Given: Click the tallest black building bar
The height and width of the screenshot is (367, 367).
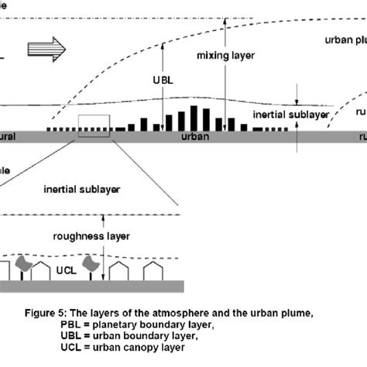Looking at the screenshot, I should (x=194, y=118).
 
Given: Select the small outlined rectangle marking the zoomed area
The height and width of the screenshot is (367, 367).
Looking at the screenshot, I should (x=94, y=128).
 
